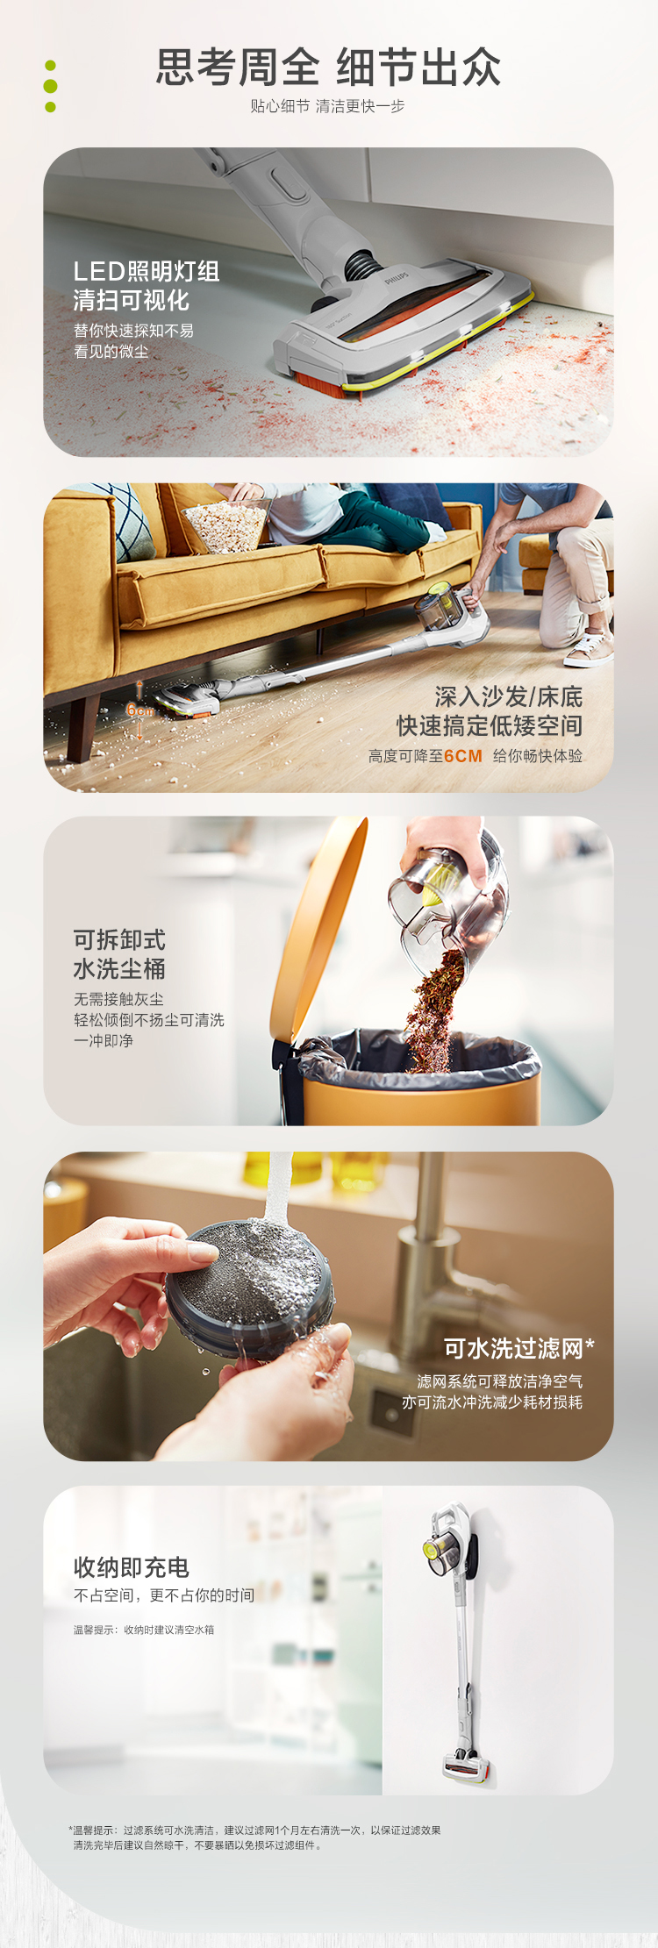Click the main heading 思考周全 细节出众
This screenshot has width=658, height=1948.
pos(328,68)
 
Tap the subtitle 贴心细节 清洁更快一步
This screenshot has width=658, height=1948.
pos(327,106)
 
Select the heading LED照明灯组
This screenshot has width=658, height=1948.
pos(147,271)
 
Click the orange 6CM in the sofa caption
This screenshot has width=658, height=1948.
pos(463,756)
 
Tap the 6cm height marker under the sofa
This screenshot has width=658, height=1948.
pos(139,710)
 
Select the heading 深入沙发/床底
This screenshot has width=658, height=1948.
pos(509,697)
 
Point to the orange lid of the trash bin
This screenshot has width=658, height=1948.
pos(317,929)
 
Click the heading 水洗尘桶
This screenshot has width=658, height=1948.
pos(119,969)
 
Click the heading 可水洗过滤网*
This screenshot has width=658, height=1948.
pos(519,1348)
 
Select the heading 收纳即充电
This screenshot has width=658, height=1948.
pos(131,1567)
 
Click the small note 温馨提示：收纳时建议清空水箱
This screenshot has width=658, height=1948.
pos(144,1630)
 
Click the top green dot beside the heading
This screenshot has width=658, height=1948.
pos(50,65)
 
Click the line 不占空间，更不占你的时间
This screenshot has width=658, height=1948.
pos(164,1595)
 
